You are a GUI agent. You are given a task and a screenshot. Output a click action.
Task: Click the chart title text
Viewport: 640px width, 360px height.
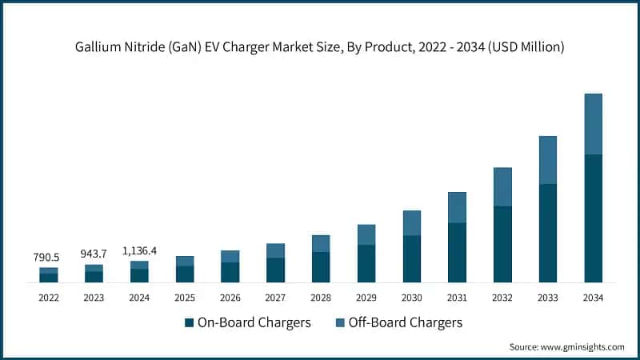(x=320, y=47)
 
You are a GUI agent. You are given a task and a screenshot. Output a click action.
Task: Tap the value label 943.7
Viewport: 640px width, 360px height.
(x=94, y=254)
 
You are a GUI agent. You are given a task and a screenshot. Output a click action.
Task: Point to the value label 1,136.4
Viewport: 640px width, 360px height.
(x=139, y=250)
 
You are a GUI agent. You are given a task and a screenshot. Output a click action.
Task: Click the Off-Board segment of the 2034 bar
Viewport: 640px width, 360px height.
(x=594, y=124)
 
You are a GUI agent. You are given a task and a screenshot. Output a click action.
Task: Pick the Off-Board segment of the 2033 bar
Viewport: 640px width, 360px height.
(x=548, y=160)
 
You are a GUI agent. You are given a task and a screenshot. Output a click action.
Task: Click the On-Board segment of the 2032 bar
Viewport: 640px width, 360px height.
(x=502, y=244)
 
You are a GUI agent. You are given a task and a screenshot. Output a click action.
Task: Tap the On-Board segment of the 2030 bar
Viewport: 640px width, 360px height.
(x=411, y=258)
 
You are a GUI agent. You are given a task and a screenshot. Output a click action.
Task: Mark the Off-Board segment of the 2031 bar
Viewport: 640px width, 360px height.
(x=457, y=207)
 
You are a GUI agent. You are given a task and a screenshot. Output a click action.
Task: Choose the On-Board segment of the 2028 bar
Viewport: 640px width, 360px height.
(x=321, y=266)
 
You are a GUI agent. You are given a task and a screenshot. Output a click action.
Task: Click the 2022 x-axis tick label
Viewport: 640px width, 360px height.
(x=48, y=298)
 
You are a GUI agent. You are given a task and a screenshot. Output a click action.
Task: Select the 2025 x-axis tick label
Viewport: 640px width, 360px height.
(x=185, y=298)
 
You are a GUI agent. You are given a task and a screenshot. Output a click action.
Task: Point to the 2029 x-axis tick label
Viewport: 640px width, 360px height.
(x=366, y=298)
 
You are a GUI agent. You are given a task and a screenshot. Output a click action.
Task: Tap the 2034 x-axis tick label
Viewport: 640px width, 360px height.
(x=594, y=298)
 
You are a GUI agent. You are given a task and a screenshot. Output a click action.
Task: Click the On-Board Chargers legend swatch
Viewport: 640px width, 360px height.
(x=190, y=323)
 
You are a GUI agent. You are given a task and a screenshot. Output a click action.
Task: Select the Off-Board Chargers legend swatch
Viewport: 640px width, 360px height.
(x=340, y=323)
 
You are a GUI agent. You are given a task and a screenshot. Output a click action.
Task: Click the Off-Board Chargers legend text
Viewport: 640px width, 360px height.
(x=406, y=323)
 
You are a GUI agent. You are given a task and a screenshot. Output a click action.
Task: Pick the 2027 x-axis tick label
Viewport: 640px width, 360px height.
(x=275, y=298)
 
